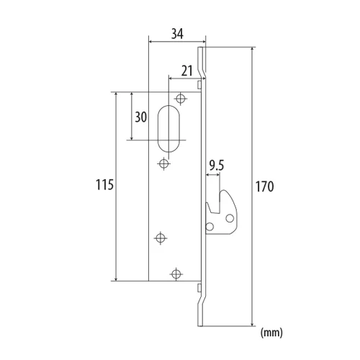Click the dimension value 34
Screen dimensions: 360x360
point(177,34)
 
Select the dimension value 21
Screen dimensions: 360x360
point(187,71)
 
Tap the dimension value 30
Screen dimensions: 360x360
point(141,117)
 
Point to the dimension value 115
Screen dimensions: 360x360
point(104,185)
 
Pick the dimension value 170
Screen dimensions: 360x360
point(264,186)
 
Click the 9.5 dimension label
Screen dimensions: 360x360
point(217,166)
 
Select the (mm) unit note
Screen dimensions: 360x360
point(271,333)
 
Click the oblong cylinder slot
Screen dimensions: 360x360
point(168,128)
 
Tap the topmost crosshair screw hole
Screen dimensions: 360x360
point(181,99)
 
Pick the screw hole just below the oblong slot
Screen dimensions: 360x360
point(164,164)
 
